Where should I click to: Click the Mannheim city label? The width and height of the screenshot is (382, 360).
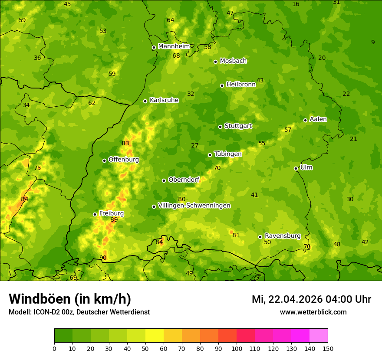[174, 46]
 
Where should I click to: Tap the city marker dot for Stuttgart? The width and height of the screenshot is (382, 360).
[220, 127]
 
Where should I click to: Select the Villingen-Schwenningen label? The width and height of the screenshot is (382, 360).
[194, 206]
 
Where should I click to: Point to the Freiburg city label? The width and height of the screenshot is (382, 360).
[111, 213]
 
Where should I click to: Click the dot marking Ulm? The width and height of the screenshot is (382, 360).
[296, 168]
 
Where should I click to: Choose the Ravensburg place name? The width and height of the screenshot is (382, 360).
[283, 236]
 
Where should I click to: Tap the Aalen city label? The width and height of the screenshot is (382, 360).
[318, 119]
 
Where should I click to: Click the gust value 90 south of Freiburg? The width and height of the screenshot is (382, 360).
[103, 258]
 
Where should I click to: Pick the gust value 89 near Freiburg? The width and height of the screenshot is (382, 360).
[114, 220]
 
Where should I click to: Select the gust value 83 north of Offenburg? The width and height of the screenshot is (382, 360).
[125, 144]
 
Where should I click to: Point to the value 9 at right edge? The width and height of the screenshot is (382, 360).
[373, 42]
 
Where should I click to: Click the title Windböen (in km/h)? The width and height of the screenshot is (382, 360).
[70, 299]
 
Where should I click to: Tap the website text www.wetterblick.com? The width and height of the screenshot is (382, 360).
[313, 312]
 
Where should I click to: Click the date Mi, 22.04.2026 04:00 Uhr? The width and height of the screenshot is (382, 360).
[311, 299]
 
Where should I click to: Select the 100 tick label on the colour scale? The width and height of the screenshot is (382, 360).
[237, 348]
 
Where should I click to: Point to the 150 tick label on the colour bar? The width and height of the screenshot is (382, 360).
[328, 348]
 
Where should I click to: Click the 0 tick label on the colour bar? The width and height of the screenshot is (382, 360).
[54, 348]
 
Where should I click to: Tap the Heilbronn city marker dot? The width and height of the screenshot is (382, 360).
[222, 85]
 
